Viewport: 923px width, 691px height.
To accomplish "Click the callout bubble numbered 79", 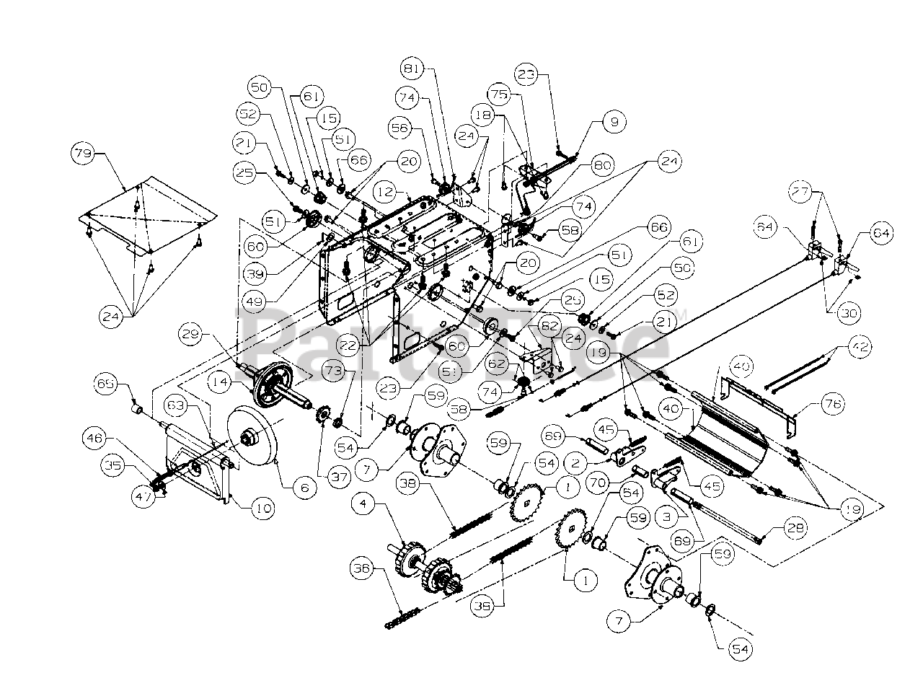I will click(x=83, y=154).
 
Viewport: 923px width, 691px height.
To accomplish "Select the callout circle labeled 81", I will click(x=413, y=69).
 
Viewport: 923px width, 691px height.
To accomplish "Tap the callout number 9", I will click(x=614, y=122).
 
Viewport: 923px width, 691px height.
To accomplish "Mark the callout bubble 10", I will click(x=262, y=509).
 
